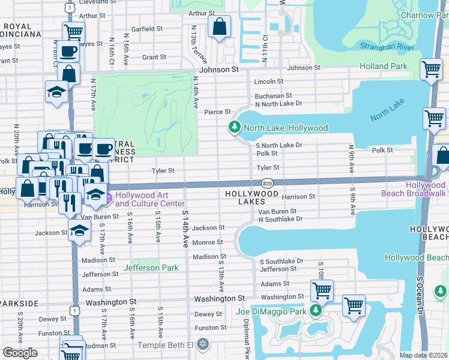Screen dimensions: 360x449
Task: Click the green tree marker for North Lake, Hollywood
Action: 234,127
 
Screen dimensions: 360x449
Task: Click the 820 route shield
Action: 268,182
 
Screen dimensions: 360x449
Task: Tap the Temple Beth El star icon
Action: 203,344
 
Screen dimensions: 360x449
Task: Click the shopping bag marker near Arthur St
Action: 219,27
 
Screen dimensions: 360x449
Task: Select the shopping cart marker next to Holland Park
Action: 431,70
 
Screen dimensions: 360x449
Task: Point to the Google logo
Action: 20,352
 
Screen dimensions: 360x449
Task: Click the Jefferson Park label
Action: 151,268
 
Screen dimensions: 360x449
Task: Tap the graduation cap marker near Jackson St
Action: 79,230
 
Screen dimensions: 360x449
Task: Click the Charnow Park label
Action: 426,15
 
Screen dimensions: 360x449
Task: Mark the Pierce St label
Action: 218,112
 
